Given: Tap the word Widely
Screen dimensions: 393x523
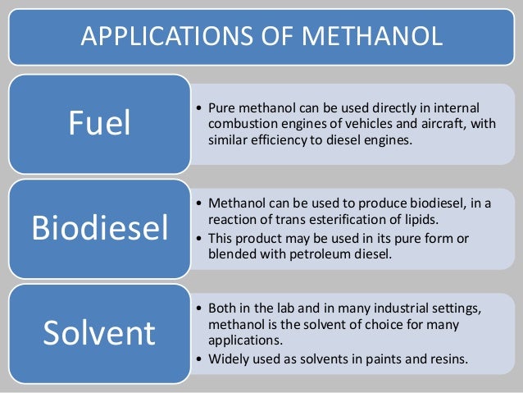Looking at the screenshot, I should [230, 358].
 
